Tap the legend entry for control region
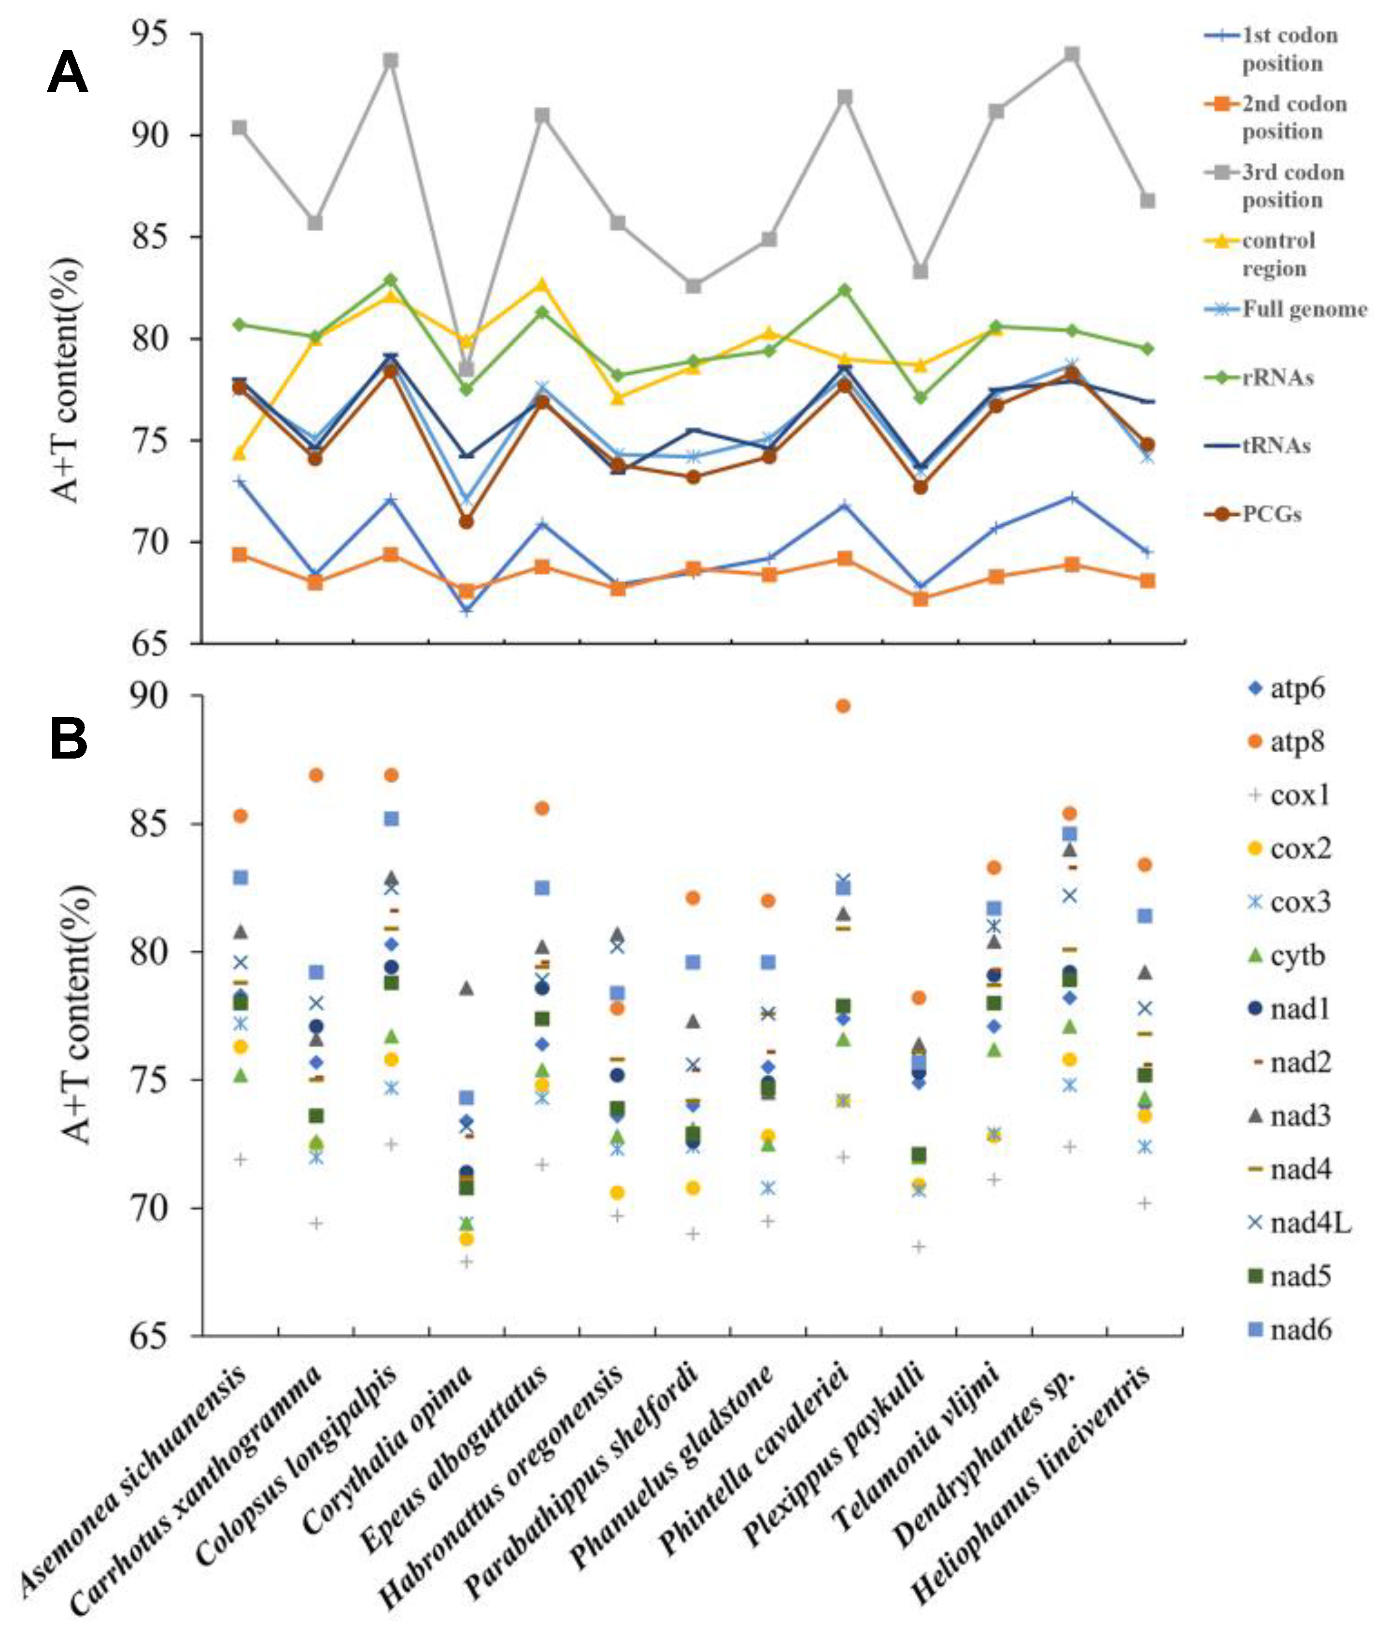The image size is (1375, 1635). [1278, 254]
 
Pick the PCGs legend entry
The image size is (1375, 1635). [1271, 514]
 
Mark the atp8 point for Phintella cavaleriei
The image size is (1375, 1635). [843, 706]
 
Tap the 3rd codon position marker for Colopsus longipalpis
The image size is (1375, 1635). [391, 61]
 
